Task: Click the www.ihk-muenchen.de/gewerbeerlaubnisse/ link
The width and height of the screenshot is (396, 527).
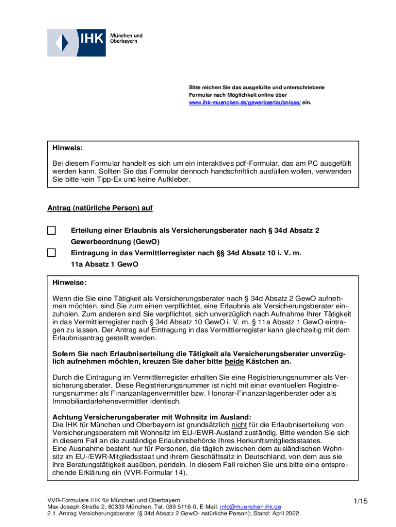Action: [245, 103]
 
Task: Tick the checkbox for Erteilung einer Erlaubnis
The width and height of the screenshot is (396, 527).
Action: [51, 231]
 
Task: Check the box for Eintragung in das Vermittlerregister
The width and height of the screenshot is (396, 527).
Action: [51, 253]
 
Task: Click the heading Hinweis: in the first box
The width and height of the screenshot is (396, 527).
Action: [67, 148]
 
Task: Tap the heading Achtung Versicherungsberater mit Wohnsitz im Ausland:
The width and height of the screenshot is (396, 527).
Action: [152, 417]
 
